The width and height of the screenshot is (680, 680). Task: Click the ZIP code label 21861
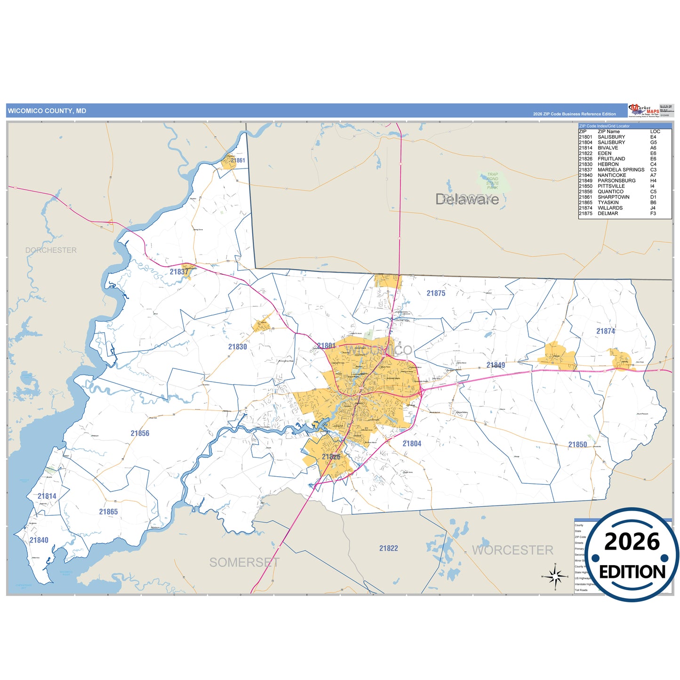(x=238, y=160)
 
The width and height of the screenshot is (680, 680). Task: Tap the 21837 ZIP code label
(x=179, y=272)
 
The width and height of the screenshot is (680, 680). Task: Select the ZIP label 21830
(x=238, y=347)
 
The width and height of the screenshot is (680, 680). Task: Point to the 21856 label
(x=140, y=433)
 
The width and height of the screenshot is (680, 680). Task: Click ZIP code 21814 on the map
(x=47, y=496)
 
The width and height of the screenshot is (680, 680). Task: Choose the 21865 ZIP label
(x=108, y=512)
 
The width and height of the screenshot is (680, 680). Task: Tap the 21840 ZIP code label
(x=39, y=540)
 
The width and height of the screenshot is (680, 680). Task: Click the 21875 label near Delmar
(x=436, y=293)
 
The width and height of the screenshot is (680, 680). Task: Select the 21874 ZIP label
(x=606, y=331)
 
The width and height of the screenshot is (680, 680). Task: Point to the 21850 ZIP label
(x=577, y=445)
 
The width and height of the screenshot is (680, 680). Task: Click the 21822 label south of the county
(x=389, y=548)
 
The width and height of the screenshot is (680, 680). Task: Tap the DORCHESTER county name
(x=51, y=250)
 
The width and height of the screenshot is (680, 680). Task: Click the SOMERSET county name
(x=244, y=562)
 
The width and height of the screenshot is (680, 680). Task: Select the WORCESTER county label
(x=512, y=550)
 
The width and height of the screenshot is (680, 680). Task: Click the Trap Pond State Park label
(x=492, y=181)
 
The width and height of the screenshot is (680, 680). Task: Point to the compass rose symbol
(x=555, y=576)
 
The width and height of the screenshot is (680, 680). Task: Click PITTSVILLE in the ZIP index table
(x=611, y=186)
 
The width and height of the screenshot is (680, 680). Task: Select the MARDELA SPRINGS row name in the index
(x=621, y=170)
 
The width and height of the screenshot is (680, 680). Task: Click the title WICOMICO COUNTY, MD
(x=47, y=111)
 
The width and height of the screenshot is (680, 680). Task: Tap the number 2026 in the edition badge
(x=632, y=542)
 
